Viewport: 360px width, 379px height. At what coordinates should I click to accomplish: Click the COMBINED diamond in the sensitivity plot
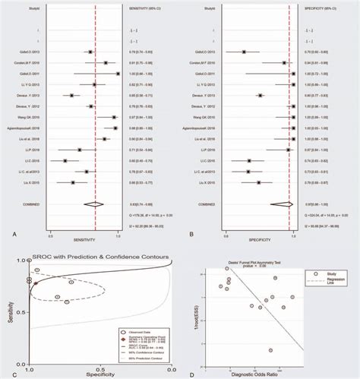(x=96, y=205)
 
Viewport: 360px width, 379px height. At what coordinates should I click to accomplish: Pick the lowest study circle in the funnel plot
(x=270, y=350)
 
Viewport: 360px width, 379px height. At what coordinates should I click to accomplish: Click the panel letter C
(x=6, y=372)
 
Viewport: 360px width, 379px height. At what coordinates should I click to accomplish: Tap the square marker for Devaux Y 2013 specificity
(x=260, y=97)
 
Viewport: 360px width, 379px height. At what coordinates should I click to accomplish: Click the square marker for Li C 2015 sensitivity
(x=65, y=162)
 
